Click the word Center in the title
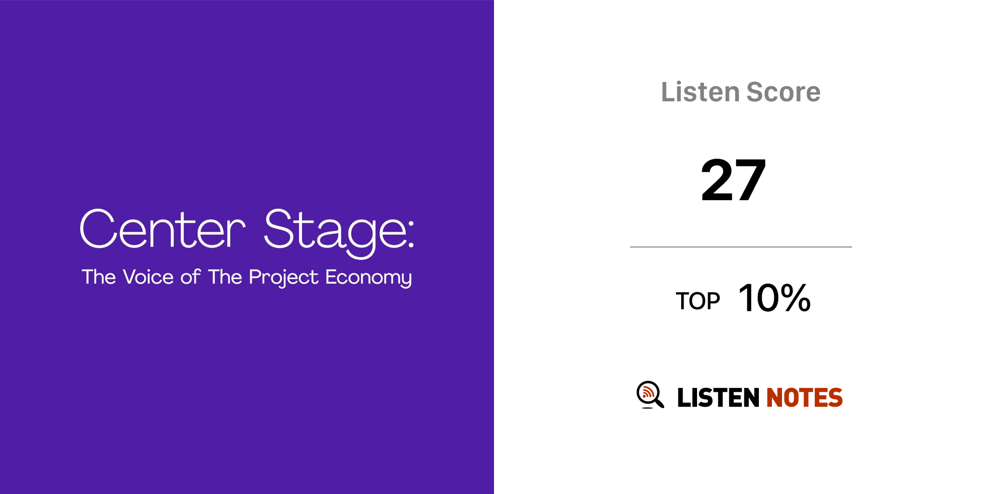[163, 229]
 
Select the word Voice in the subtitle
[148, 277]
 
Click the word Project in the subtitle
[284, 278]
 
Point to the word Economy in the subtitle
[369, 278]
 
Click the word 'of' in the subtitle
[191, 277]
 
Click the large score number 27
[733, 180]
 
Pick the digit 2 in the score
[717, 180]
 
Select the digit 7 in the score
[750, 180]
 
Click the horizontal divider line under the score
[741, 247]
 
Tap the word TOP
[698, 301]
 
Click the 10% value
[775, 298]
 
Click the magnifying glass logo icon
[650, 395]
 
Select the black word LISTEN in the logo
[718, 398]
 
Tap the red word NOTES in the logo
[804, 398]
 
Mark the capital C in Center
[98, 229]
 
